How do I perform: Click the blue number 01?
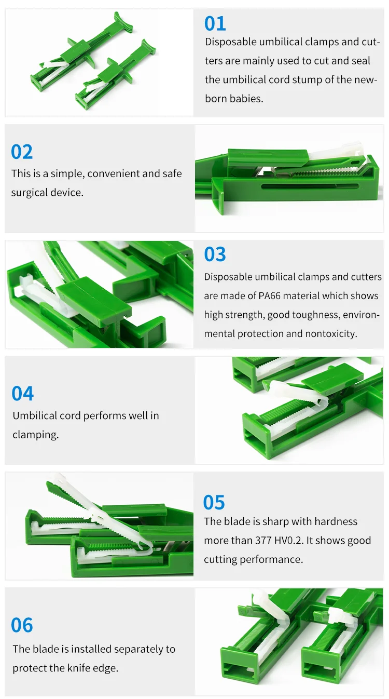(x=215, y=24)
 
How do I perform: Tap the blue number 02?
(x=22, y=152)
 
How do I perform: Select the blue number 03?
(x=215, y=254)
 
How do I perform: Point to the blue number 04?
(x=22, y=394)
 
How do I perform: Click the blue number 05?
(x=214, y=502)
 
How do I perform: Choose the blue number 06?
(x=22, y=625)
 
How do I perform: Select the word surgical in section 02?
(x=30, y=193)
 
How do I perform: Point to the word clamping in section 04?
(x=36, y=435)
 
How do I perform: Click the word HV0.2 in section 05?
(x=289, y=541)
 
